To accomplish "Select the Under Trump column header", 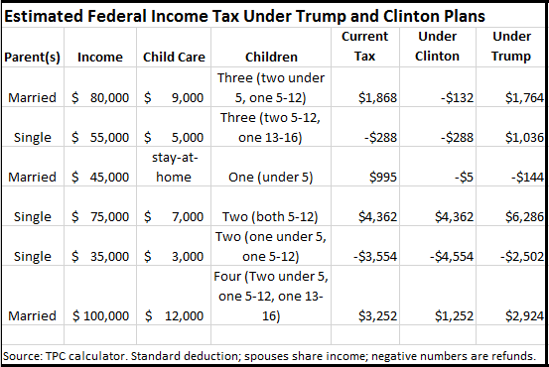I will point(511,47).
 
